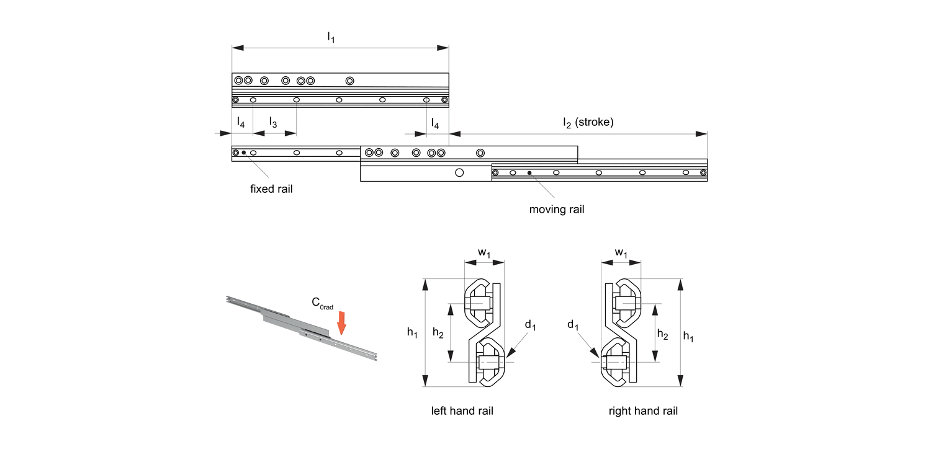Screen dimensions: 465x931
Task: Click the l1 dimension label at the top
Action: click(331, 38)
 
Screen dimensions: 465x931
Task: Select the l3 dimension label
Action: click(272, 123)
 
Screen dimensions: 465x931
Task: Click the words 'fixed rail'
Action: click(271, 189)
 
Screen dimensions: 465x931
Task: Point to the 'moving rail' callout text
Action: click(556, 210)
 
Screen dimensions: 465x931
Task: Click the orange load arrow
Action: click(341, 322)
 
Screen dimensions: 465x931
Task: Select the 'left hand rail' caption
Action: click(462, 411)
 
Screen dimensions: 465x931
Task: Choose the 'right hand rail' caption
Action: click(643, 411)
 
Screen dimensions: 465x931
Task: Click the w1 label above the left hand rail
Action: click(484, 253)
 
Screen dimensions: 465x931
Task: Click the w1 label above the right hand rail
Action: click(621, 253)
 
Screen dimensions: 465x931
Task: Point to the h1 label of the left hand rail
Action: click(412, 333)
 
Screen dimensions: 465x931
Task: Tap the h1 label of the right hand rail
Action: click(689, 337)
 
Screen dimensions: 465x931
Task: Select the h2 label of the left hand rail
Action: click(438, 334)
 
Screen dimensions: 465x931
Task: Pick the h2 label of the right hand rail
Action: click(662, 335)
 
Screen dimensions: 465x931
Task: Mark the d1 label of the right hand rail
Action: click(573, 324)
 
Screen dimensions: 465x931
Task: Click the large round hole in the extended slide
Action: click(459, 173)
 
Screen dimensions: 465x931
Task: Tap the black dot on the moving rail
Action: click(529, 172)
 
